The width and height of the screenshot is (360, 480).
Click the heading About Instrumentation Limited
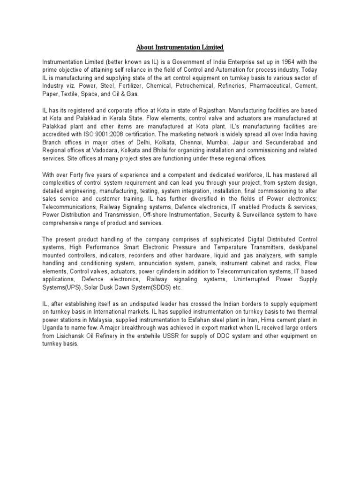click(180, 47)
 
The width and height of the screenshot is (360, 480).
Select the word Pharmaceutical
click(272, 86)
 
